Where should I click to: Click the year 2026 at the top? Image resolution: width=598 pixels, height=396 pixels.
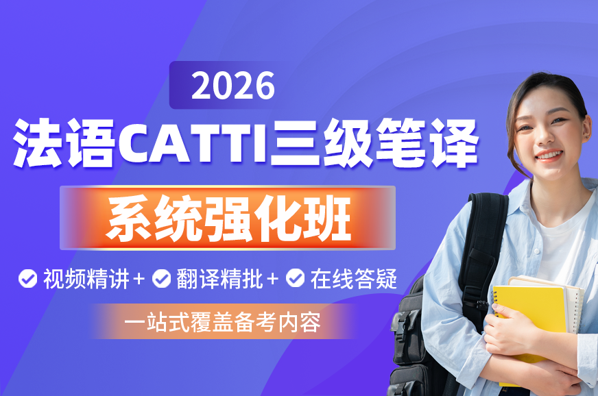[233, 86]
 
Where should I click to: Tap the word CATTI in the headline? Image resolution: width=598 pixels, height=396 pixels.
[193, 143]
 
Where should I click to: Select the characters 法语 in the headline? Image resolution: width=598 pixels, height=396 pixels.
[64, 143]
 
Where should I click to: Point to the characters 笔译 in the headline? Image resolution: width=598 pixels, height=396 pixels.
[427, 143]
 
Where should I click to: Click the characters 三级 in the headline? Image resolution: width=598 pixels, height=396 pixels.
[321, 143]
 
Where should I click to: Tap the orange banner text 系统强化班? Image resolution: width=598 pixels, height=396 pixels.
[228, 218]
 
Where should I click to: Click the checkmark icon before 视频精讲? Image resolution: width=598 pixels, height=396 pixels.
[28, 279]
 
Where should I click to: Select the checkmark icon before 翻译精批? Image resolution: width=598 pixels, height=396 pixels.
[161, 279]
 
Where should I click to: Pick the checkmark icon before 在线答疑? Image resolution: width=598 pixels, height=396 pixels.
[295, 279]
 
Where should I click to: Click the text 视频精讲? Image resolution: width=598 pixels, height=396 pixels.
[86, 279]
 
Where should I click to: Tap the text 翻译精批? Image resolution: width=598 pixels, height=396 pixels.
[219, 279]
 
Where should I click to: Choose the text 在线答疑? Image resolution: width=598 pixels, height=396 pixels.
[354, 279]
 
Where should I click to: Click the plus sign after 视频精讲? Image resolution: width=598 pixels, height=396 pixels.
[139, 279]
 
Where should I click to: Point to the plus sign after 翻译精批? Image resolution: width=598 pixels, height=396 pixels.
[272, 279]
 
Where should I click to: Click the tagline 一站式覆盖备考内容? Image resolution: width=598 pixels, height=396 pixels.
[222, 323]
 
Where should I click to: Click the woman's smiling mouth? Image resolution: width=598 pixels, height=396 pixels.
[549, 155]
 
